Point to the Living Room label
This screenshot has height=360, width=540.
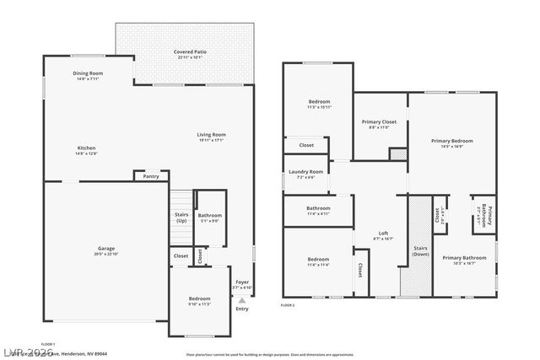pos(211,137)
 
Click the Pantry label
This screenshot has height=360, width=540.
pos(151,176)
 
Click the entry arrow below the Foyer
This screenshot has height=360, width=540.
pos(242,300)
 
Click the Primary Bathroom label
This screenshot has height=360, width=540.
pos(464,259)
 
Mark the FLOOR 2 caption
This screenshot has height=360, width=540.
pos(287,304)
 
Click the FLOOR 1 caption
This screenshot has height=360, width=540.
pos(48,344)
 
